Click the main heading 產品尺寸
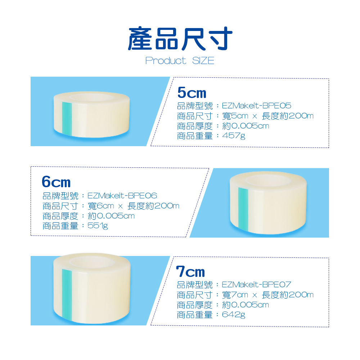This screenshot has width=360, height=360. (180, 39)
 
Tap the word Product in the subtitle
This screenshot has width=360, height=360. (166, 61)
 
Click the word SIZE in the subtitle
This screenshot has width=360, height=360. (203, 61)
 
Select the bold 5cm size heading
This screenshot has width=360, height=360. (192, 93)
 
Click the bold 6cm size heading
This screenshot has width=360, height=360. (56, 182)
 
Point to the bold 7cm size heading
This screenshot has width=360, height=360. (190, 271)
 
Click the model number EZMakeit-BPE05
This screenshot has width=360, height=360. (256, 105)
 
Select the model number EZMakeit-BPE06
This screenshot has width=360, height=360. (122, 195)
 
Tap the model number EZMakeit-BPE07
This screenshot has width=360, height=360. (256, 285)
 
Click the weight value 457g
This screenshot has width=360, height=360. (234, 136)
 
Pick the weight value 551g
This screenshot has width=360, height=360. (98, 226)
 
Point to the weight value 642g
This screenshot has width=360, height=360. (234, 315)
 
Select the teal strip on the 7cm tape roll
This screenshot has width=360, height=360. (67, 295)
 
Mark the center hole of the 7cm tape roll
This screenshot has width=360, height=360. (92, 262)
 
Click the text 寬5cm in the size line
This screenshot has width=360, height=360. (235, 116)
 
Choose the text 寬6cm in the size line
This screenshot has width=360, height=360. (101, 206)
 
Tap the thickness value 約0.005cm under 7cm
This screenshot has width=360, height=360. (246, 305)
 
